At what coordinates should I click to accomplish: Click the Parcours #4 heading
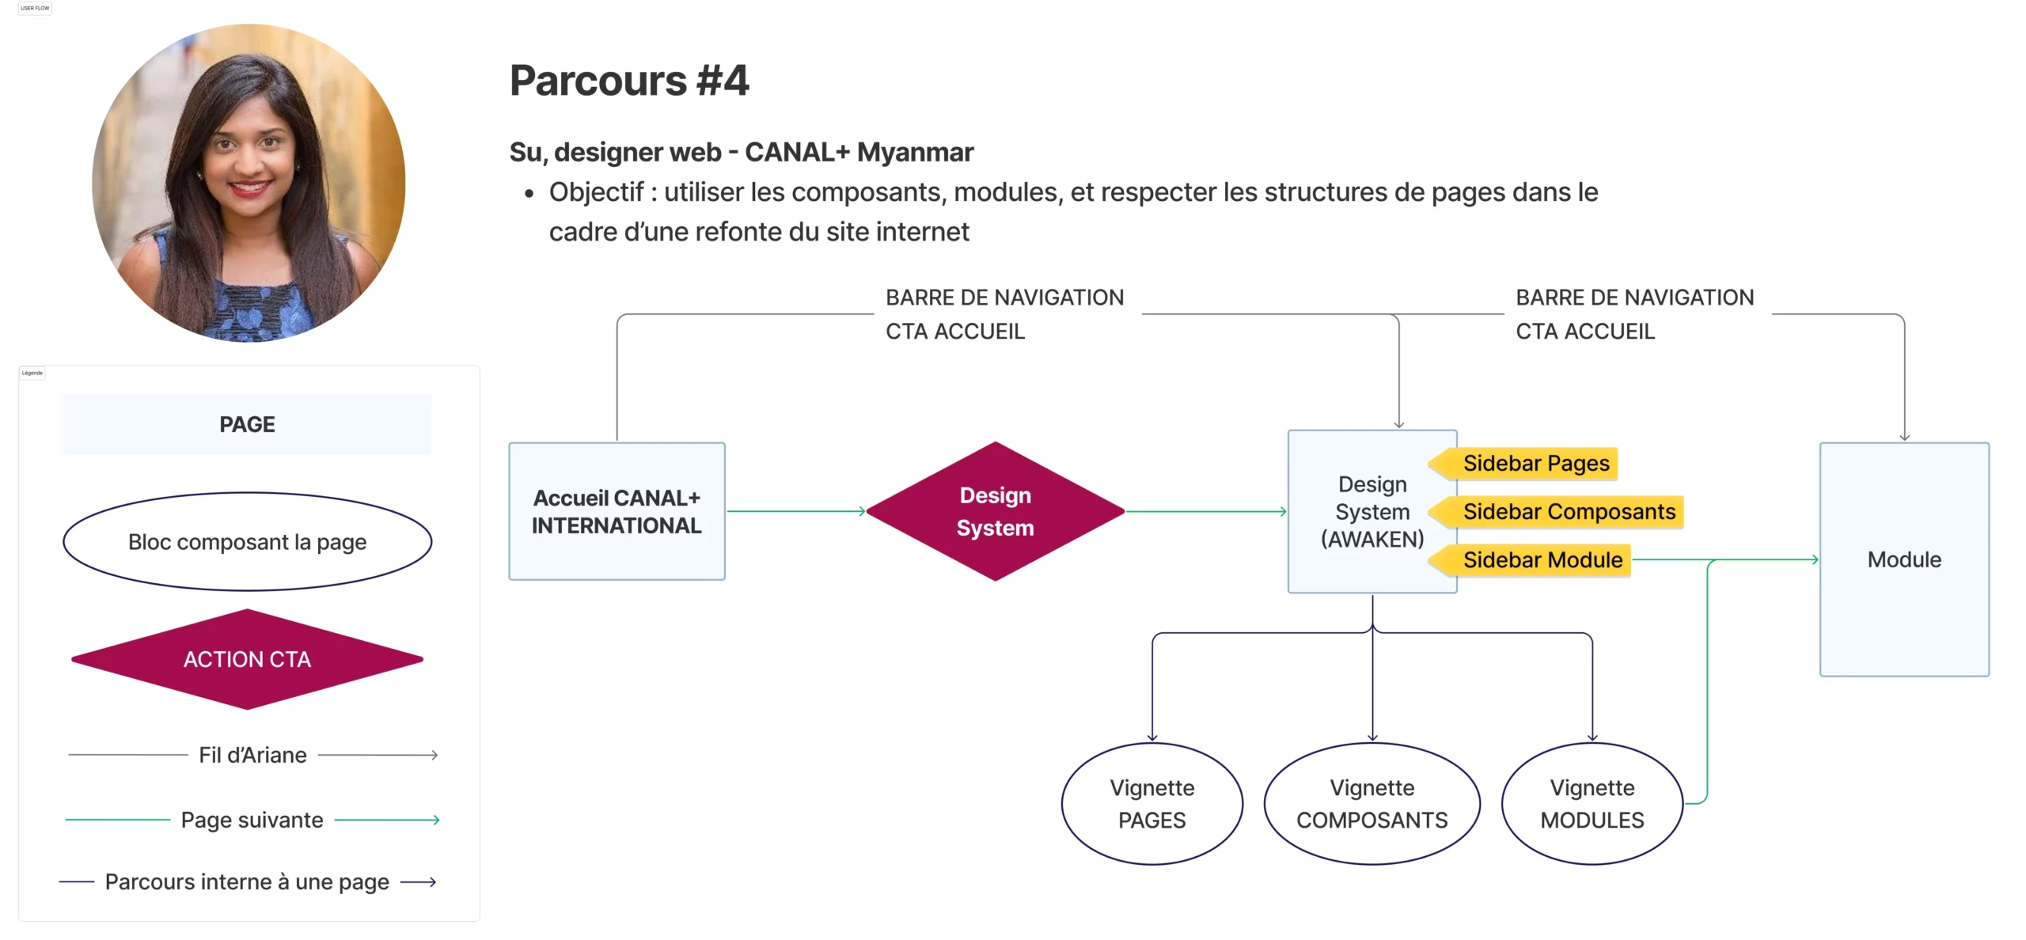(628, 81)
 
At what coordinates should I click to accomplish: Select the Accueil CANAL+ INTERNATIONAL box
(617, 511)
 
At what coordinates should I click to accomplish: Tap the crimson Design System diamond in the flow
(995, 511)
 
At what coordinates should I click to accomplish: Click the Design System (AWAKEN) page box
(1372, 511)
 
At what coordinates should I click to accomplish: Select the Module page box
(1903, 559)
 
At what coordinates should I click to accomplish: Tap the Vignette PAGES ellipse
(1151, 803)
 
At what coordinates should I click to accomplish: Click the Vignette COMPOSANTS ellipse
(1372, 803)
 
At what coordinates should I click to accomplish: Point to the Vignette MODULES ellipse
(1592, 803)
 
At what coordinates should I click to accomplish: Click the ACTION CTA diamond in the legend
(247, 659)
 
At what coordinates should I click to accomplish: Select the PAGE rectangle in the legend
(247, 424)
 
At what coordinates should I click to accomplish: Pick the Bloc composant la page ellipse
(247, 542)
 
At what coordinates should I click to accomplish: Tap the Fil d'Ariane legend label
(252, 755)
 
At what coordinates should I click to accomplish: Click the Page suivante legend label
(252, 820)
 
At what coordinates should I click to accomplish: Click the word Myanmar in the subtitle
(915, 152)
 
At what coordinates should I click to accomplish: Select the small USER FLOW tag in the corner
(35, 8)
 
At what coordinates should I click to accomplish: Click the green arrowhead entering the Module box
(1815, 559)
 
